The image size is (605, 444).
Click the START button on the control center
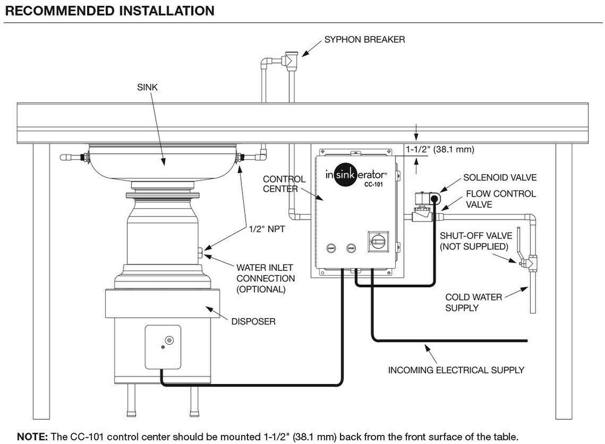(330, 248)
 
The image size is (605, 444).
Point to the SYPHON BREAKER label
(364, 40)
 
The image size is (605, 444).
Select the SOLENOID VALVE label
(500, 178)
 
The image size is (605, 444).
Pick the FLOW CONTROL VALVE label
(500, 200)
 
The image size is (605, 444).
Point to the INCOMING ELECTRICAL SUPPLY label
(456, 370)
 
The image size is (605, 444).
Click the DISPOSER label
(252, 322)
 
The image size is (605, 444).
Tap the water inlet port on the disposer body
(201, 252)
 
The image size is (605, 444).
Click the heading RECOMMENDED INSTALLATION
(110, 11)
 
